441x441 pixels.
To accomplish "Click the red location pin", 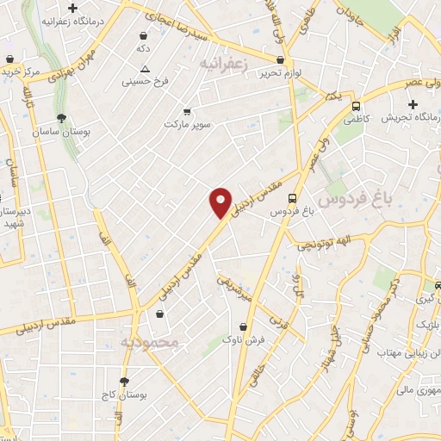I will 221,202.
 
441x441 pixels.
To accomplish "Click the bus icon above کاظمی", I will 357,106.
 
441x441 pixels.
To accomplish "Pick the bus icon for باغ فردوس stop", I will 294,197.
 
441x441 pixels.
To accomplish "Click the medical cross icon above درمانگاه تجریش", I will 413,104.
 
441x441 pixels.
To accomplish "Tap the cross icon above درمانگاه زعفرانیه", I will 84,8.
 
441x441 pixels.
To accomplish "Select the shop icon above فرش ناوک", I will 245,326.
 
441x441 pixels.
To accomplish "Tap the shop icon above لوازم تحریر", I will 281,60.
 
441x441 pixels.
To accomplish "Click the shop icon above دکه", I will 143,36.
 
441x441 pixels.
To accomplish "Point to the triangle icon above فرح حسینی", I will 145,68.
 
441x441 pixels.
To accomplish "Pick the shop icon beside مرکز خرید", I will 9,59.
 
